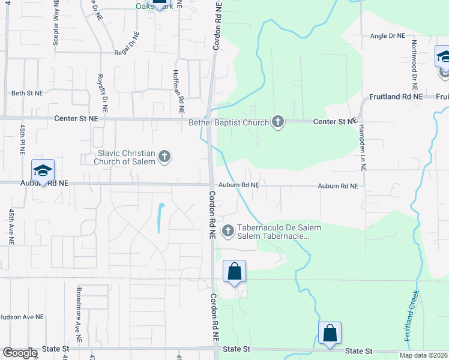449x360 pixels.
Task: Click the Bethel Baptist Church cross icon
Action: tap(277, 122)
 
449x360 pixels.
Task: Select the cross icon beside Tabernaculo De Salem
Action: tap(228, 231)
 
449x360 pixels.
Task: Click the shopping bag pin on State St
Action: tap(330, 334)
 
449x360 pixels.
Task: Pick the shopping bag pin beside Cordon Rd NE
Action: tap(234, 271)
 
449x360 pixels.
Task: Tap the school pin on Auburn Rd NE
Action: tap(43, 171)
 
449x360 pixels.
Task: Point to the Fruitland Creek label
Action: tap(411, 316)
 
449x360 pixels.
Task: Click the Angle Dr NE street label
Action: tap(388, 36)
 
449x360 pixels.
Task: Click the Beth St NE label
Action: tap(28, 94)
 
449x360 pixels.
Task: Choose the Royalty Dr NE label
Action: tap(103, 94)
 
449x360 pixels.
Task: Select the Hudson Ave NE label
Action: tap(22, 317)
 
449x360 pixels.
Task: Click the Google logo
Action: tap(20, 353)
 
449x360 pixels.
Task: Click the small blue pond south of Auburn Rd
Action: tap(160, 218)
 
